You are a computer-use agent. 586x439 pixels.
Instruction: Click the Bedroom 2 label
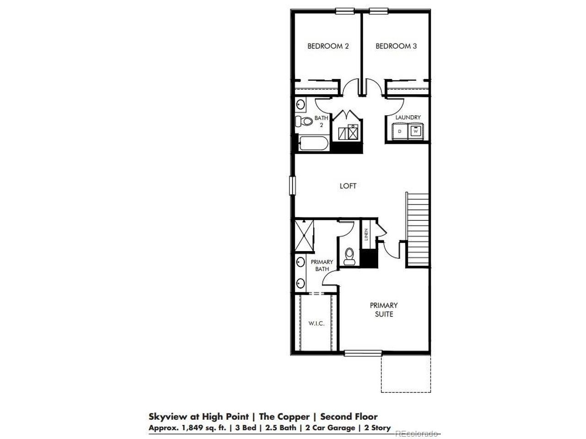point(328,46)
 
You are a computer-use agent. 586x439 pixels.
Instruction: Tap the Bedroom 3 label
point(396,46)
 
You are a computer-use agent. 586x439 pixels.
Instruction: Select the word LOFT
point(348,186)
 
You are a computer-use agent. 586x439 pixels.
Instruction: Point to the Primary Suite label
point(384,310)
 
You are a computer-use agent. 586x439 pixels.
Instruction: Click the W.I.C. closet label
point(316,324)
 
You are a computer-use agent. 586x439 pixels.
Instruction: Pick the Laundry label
point(407,117)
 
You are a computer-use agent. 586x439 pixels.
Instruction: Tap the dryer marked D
point(400,131)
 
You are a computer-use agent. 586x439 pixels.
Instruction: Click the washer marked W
point(416,131)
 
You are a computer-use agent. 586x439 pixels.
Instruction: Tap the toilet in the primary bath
point(349,256)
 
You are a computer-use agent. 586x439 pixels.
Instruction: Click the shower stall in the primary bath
point(304,236)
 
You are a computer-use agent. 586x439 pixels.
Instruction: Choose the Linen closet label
point(366,234)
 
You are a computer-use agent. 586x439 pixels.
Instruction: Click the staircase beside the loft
point(417,229)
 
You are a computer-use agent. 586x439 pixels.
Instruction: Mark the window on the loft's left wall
point(293,186)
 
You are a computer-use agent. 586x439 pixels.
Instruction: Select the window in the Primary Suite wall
point(363,353)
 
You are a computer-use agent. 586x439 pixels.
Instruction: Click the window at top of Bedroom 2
point(345,11)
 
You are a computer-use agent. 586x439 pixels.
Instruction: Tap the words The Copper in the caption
point(284,416)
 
